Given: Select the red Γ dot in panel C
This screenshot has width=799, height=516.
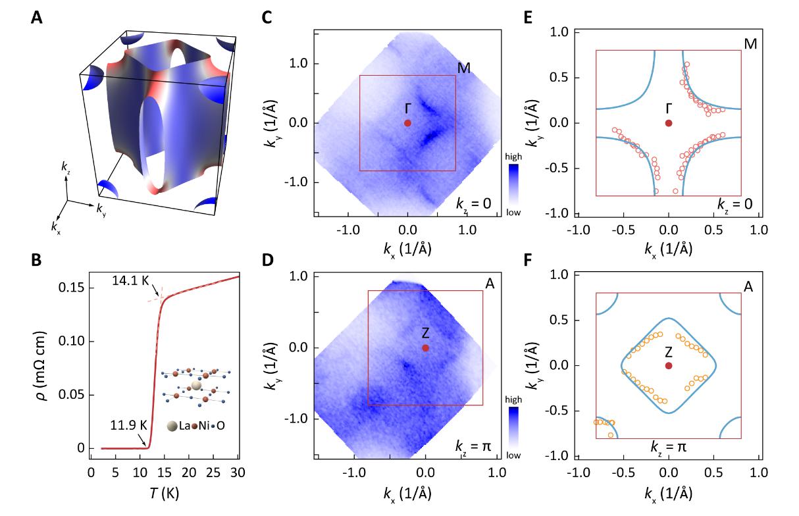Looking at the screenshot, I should coord(408,123).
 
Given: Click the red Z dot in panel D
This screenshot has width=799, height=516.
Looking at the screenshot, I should coord(426,348).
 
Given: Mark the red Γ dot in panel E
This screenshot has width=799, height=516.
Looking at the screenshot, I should coord(669,123).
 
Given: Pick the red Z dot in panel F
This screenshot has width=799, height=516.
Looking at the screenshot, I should coord(669,365).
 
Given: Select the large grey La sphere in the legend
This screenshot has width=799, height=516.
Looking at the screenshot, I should coord(172,426).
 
